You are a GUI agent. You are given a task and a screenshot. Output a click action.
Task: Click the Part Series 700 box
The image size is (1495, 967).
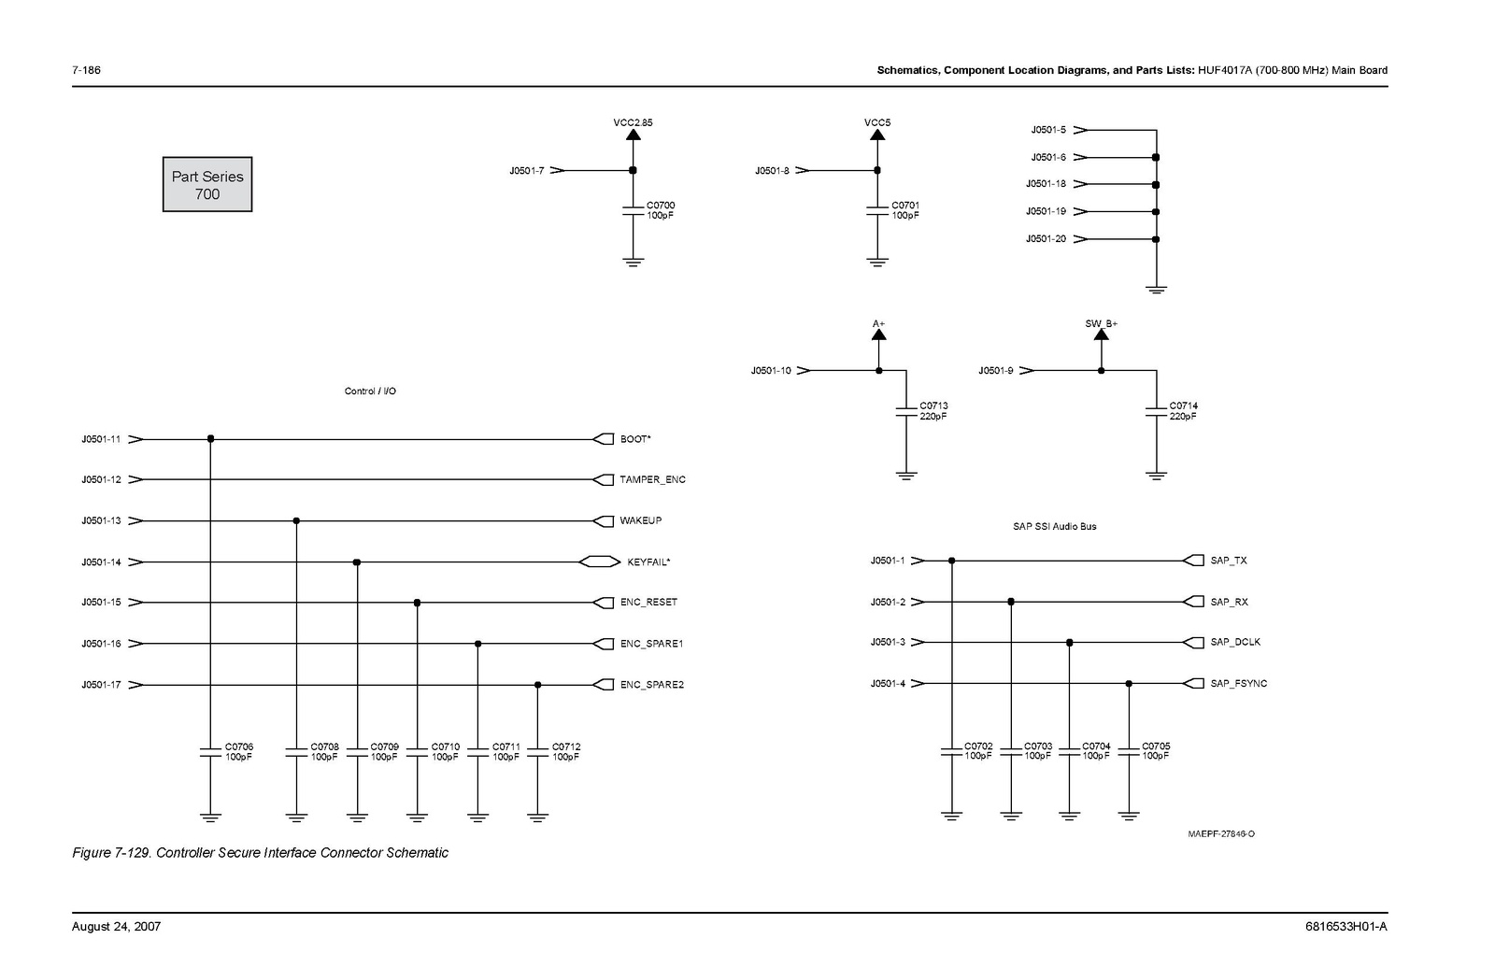[207, 184]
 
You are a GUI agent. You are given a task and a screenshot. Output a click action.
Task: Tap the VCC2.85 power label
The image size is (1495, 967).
[633, 122]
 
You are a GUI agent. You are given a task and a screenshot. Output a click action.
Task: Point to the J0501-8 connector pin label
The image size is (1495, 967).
[772, 171]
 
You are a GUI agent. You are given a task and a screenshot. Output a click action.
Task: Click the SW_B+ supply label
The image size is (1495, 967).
[1101, 323]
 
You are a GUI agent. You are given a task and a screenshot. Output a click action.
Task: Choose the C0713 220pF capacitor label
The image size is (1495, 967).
[933, 411]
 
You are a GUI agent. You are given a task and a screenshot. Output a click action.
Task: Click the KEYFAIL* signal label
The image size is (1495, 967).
[648, 562]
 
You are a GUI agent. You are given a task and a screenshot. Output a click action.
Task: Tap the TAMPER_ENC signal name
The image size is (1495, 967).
[652, 480]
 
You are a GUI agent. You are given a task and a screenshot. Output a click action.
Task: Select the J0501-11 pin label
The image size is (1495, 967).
[101, 439]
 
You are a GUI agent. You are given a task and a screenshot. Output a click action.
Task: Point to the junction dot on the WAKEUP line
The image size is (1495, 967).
[296, 521]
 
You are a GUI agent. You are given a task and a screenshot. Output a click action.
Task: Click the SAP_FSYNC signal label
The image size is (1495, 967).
[1238, 684]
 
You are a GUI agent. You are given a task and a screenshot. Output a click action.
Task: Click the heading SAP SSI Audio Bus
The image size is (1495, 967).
[1054, 527]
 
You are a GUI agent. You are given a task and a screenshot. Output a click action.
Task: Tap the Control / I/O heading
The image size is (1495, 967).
[370, 391]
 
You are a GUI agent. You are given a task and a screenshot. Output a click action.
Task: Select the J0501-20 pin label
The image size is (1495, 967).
[1046, 239]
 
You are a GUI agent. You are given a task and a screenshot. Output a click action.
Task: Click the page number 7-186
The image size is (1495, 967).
[86, 71]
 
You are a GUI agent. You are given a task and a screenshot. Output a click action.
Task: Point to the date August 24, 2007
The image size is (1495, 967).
[116, 927]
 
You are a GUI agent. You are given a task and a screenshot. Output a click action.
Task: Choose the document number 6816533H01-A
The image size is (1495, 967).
[1345, 927]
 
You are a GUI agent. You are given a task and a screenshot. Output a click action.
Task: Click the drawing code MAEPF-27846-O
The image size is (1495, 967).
[1221, 834]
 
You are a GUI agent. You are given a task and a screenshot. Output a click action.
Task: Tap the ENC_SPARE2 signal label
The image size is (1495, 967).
[651, 685]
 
